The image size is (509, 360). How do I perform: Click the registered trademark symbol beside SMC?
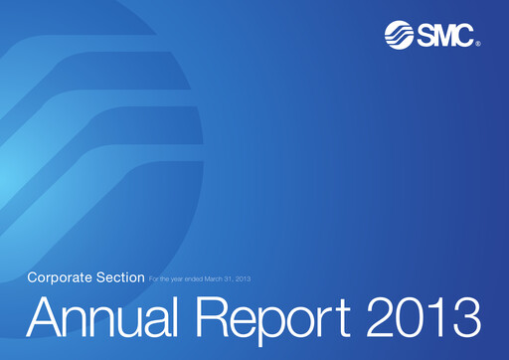pyautogui.click(x=478, y=45)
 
